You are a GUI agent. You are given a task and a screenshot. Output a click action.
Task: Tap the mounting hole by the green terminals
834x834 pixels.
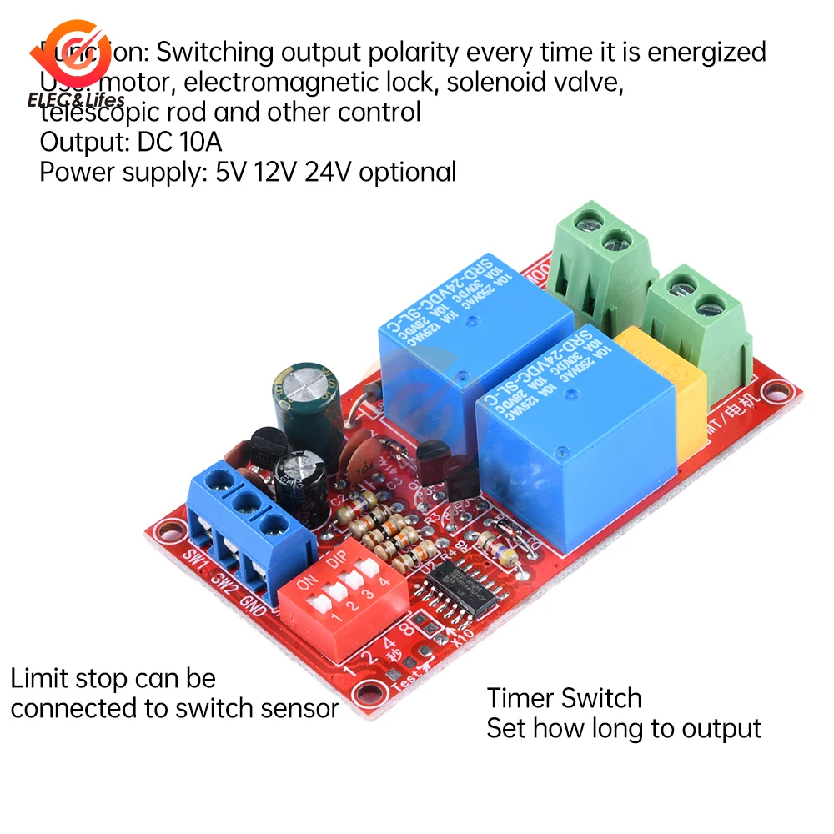(778, 387)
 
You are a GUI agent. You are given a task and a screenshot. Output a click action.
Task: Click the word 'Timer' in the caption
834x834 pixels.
(520, 698)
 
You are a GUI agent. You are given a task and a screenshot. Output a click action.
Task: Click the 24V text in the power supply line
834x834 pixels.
(326, 173)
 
